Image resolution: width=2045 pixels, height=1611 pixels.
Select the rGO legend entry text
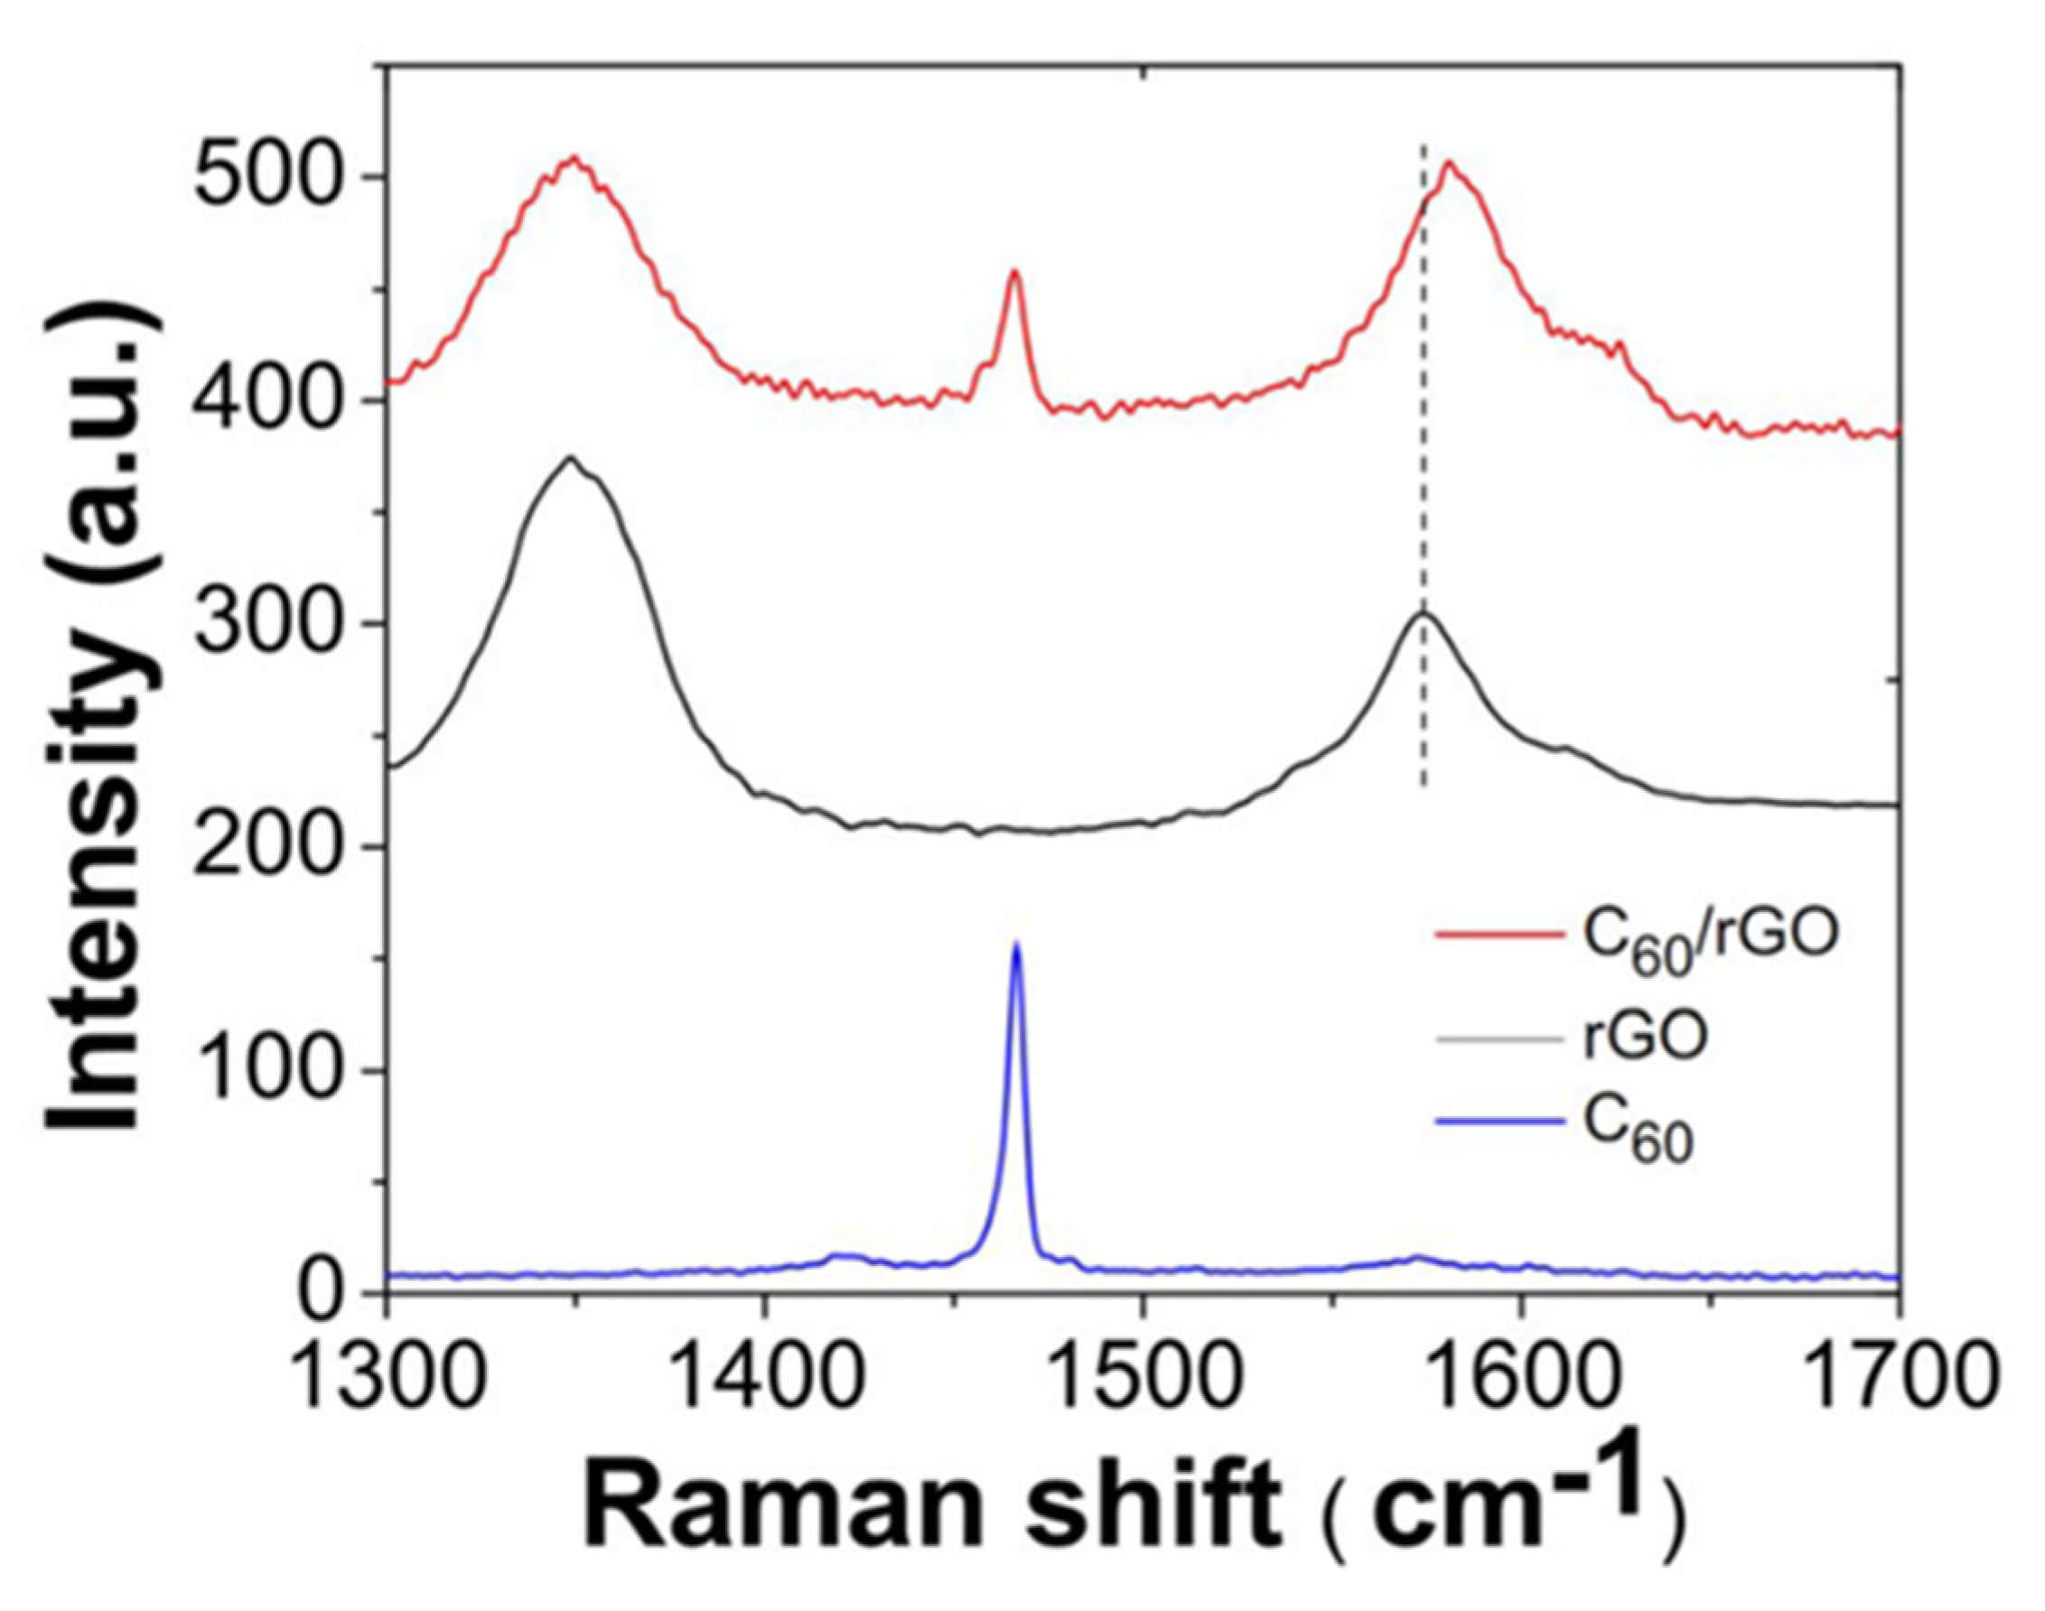coord(1647,1040)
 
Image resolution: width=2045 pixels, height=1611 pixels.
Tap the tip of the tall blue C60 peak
coord(1016,943)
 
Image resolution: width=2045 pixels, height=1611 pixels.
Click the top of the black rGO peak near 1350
coord(569,460)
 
